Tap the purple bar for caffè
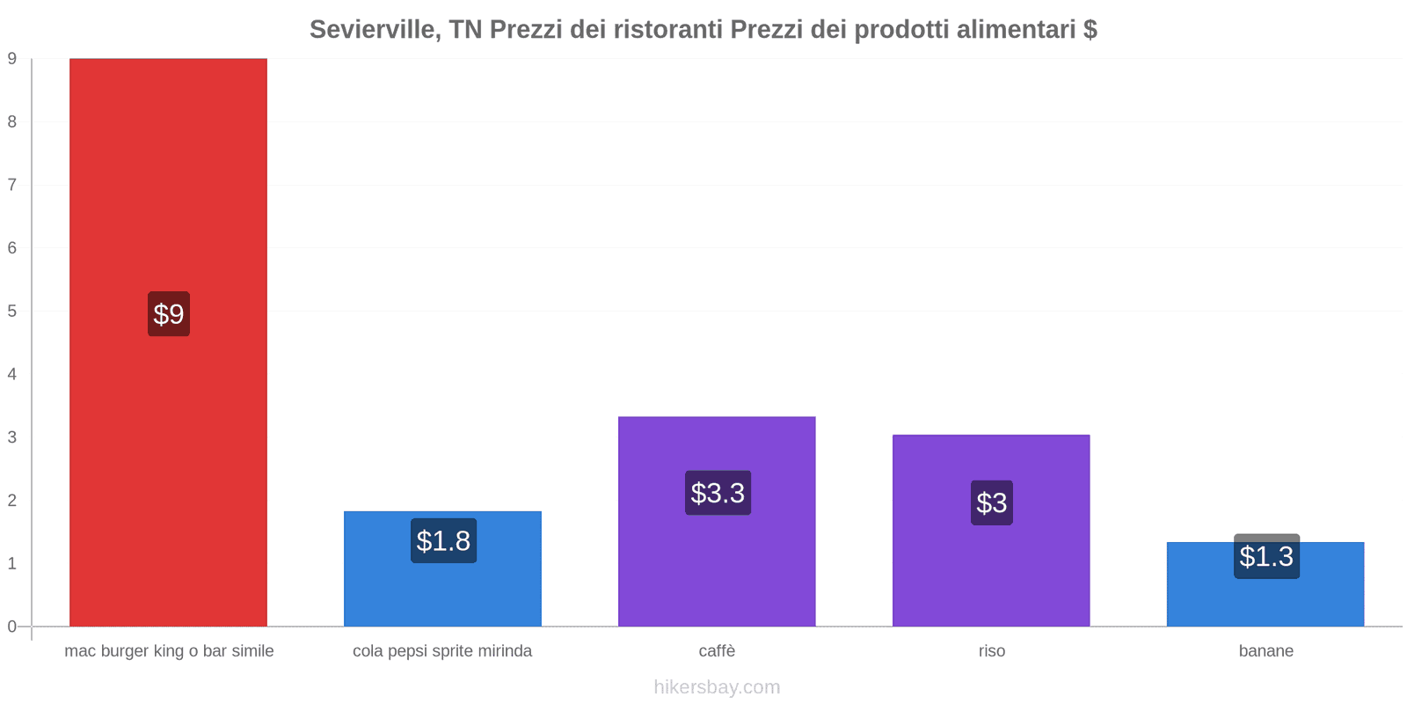click(717, 563)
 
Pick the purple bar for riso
click(991, 572)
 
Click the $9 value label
click(169, 314)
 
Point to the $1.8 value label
click(443, 540)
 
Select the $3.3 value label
click(718, 493)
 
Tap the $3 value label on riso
click(992, 502)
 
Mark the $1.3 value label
click(1266, 556)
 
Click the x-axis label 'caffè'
click(717, 651)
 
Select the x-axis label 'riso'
click(992, 651)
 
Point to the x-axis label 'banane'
click(1266, 651)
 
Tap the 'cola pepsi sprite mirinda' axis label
click(442, 651)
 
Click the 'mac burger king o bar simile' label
click(169, 651)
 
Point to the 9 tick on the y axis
click(12, 59)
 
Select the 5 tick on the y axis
click(12, 312)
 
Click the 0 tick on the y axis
click(12, 627)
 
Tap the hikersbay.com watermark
click(717, 687)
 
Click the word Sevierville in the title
click(375, 30)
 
